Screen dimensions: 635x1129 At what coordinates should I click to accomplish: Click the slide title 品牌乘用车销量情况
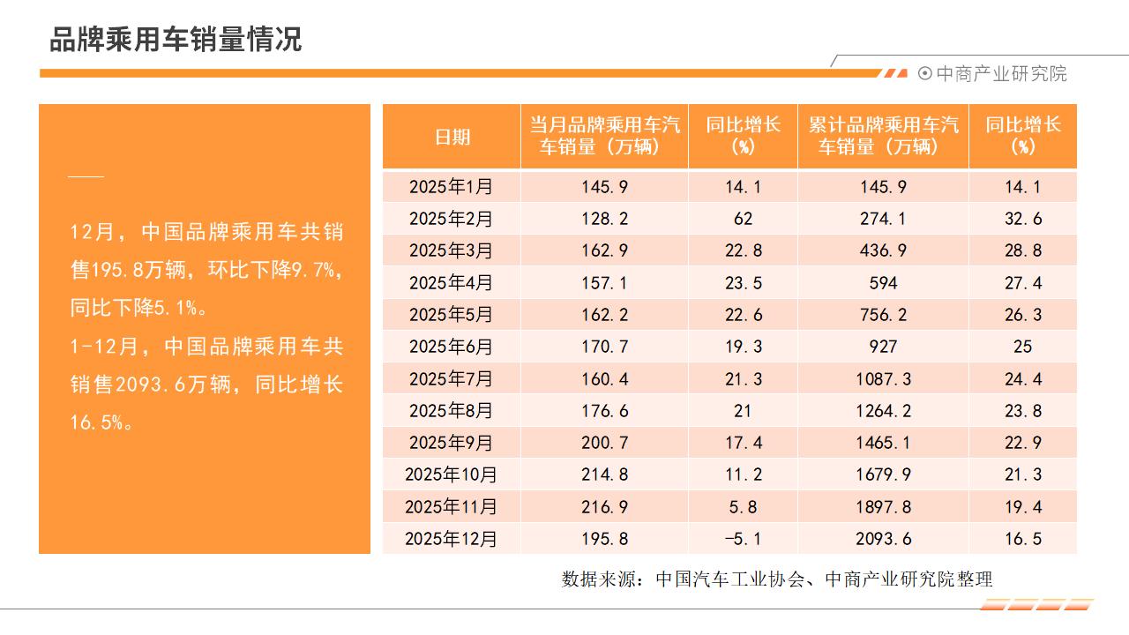pos(176,40)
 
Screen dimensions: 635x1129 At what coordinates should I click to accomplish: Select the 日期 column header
pos(452,137)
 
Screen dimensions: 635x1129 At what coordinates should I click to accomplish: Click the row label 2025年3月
pos(452,251)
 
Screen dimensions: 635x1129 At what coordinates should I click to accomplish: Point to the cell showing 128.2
pos(604,219)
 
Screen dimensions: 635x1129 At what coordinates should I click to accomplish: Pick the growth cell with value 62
pos(743,219)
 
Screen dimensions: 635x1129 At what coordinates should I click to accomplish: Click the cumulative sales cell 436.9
pos(883,251)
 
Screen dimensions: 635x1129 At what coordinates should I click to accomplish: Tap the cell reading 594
pos(883,283)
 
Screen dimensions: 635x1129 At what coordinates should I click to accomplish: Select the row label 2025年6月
pos(452,347)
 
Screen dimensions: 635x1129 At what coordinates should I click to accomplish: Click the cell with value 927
pos(883,347)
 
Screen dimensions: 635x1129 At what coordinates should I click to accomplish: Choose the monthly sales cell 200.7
pos(604,443)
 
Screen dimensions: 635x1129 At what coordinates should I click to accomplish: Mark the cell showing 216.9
pos(604,506)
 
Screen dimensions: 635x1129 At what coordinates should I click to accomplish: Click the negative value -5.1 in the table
pos(743,539)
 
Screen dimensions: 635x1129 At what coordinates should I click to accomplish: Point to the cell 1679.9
pos(883,474)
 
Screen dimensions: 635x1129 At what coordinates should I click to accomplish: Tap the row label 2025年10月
pos(452,474)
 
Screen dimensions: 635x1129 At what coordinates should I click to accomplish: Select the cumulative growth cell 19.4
pos(1022,506)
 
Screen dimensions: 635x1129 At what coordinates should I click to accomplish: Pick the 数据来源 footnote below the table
pos(777,579)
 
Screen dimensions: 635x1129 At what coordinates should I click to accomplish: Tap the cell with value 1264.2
pos(883,411)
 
